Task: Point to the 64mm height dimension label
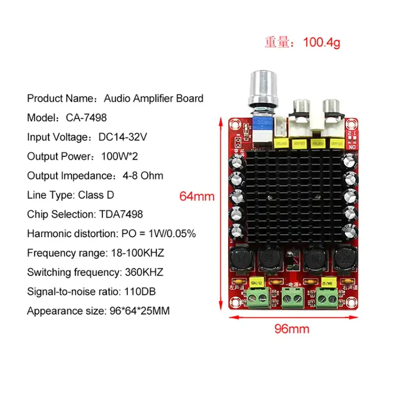pos(197,196)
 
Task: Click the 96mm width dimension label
pos(292,328)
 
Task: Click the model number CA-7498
pos(86,118)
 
